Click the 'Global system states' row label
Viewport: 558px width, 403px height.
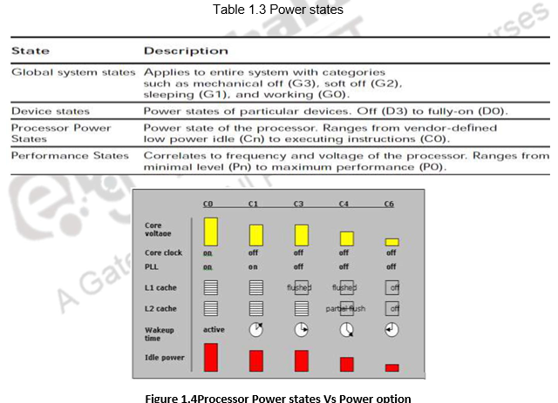73,70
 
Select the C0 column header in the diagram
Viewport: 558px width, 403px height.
208,204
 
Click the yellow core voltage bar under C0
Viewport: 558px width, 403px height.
210,232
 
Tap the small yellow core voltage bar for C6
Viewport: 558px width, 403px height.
391,241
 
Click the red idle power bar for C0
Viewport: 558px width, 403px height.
210,358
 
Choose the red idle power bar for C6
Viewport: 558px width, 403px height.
391,367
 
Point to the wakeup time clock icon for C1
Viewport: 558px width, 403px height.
255,330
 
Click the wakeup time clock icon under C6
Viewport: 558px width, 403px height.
391,330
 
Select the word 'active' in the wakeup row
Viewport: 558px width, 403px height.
214,330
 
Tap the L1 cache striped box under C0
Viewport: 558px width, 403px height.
210,287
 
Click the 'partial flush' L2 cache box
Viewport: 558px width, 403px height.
347,308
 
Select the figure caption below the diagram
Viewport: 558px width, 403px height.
277,398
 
